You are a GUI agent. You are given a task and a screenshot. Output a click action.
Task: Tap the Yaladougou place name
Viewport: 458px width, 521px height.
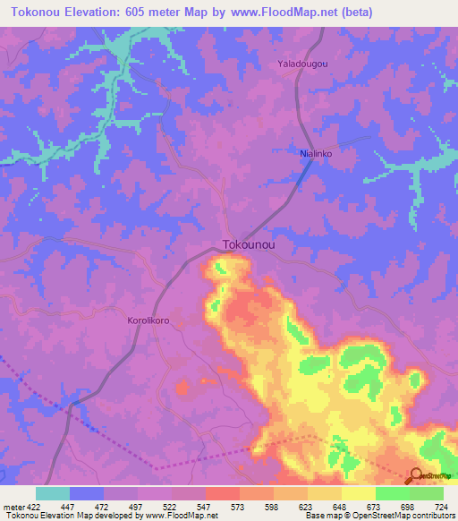tap(303, 64)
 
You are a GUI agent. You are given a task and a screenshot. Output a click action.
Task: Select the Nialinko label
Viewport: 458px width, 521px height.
tap(317, 153)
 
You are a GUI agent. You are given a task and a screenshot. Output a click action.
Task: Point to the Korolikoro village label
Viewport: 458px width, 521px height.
tap(149, 319)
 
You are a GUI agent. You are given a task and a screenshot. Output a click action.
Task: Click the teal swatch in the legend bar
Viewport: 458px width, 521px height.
tap(53, 493)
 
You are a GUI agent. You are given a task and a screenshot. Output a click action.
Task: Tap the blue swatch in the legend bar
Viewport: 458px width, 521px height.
tap(87, 493)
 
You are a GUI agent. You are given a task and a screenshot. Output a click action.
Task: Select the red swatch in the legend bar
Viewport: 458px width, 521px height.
tap(223, 493)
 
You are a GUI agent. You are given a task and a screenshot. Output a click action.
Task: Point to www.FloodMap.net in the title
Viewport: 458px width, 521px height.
tap(282, 13)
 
